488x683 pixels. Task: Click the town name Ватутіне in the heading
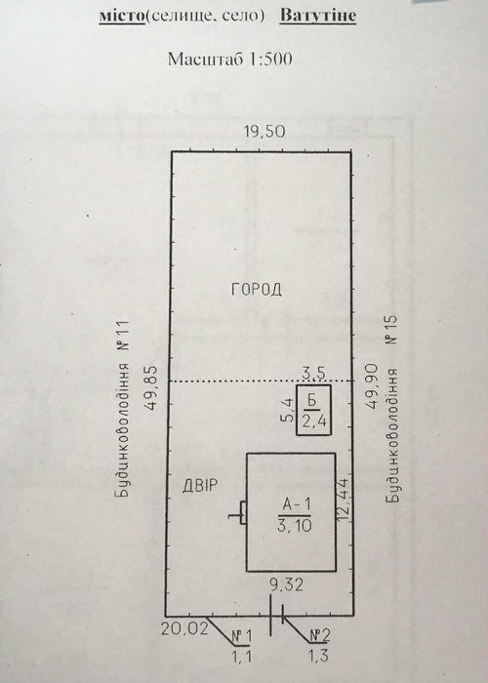(x=317, y=16)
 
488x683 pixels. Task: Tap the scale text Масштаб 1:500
(x=229, y=59)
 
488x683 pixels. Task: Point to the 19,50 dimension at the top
(x=264, y=131)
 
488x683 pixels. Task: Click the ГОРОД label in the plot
(x=256, y=289)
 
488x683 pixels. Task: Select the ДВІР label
(x=199, y=485)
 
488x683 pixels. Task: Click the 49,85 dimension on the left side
(x=152, y=390)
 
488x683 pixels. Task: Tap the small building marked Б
(x=313, y=410)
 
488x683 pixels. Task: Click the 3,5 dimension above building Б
(x=313, y=374)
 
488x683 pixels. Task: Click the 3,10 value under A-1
(x=295, y=526)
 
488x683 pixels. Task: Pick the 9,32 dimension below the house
(x=286, y=584)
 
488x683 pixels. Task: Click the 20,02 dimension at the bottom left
(x=184, y=629)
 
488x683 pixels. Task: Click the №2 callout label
(x=320, y=635)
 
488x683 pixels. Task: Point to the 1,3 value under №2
(x=318, y=656)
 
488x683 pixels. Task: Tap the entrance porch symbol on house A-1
(x=239, y=512)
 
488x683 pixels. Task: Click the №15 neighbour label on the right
(x=391, y=330)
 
